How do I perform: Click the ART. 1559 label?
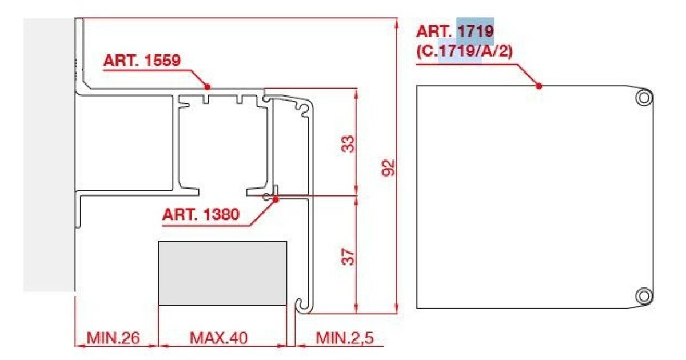click(x=142, y=61)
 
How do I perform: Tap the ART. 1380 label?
click(x=201, y=214)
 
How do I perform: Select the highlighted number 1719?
click(x=476, y=31)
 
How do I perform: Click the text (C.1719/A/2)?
click(x=464, y=51)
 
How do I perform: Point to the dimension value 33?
click(x=348, y=144)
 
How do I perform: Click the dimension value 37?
click(x=348, y=257)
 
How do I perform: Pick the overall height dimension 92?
click(x=388, y=168)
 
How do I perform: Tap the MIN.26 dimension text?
click(x=113, y=338)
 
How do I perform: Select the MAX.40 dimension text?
click(x=218, y=338)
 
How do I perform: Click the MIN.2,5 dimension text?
click(x=345, y=338)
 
